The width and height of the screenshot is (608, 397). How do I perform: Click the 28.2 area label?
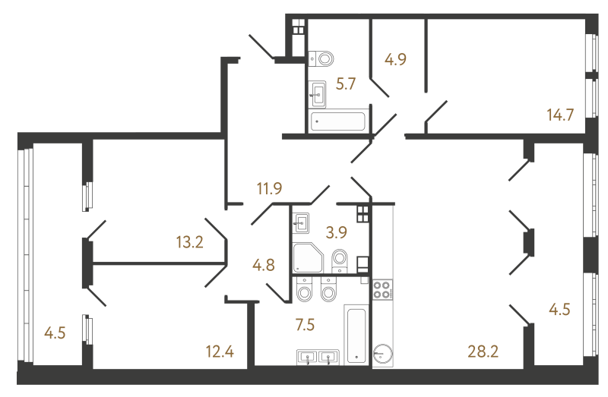(x=483, y=351)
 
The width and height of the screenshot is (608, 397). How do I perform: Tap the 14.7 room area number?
(x=560, y=115)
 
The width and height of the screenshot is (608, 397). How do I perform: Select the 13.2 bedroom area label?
(x=189, y=242)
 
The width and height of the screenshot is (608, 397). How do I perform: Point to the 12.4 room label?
(x=220, y=351)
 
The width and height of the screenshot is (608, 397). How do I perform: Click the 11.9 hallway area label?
(x=270, y=188)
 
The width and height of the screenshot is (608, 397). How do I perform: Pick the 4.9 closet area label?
(x=395, y=59)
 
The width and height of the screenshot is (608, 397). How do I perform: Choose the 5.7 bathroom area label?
(x=346, y=83)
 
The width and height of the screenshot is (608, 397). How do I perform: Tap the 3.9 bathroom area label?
(x=337, y=232)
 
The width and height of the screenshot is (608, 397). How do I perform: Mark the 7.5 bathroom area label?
(x=306, y=325)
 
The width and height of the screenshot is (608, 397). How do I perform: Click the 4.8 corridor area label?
(x=264, y=266)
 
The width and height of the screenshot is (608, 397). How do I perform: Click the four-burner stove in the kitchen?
(x=382, y=290)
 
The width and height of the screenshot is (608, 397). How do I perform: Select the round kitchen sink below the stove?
(x=383, y=353)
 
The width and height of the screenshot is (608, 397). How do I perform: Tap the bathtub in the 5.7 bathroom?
(x=337, y=121)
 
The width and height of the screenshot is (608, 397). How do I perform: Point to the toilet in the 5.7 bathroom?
(x=321, y=59)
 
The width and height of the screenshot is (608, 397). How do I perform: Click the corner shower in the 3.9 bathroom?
(x=308, y=257)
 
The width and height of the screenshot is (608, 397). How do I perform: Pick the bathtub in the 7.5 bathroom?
(x=356, y=334)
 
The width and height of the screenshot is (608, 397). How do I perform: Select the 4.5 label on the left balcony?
(x=55, y=332)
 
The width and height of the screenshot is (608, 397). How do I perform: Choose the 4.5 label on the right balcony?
(x=559, y=310)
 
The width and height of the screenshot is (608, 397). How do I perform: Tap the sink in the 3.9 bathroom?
(x=301, y=223)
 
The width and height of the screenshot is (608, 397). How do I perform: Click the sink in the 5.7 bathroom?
(x=317, y=94)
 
